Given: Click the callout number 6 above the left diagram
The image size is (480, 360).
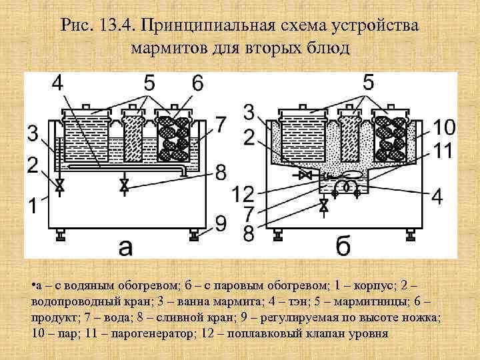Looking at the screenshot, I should pyautogui.click(x=197, y=84).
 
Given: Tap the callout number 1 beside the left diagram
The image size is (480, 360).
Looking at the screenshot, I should pyautogui.click(x=33, y=207).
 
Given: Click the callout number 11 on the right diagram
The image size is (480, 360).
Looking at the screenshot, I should pyautogui.click(x=445, y=150).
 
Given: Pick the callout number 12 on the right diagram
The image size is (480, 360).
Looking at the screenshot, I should pyautogui.click(x=241, y=195).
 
